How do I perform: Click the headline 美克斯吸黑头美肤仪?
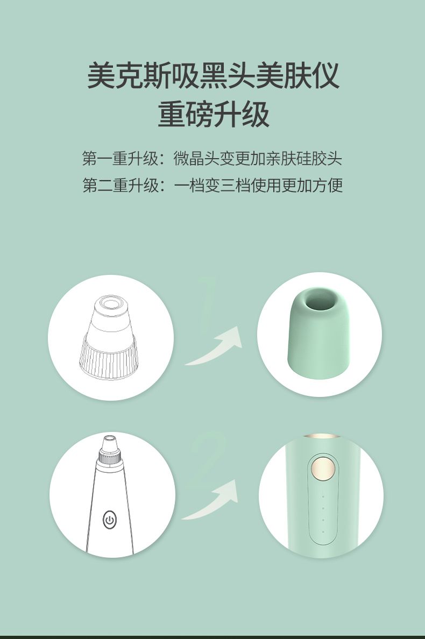(213, 75)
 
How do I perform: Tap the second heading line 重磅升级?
(214, 114)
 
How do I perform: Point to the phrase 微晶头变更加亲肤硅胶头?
(258, 159)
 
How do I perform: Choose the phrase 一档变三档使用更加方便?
(258, 185)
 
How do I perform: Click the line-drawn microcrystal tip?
(109, 337)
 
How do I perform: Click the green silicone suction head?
(319, 332)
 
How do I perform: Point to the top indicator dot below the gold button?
(323, 497)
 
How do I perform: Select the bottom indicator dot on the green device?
(323, 532)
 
